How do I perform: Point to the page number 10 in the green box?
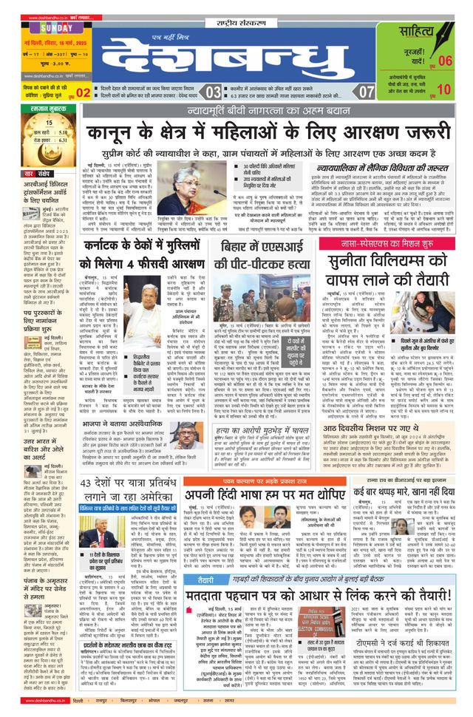[x=443, y=89]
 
